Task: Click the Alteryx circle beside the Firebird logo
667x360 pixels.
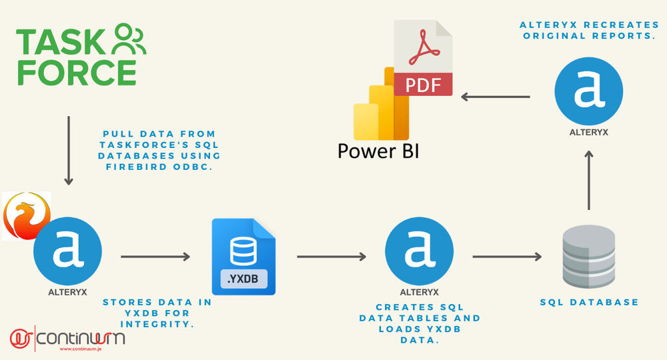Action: [67, 251]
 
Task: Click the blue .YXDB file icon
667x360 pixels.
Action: [243, 256]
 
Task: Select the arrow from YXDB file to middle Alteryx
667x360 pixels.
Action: [331, 256]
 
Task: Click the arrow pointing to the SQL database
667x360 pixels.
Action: [507, 256]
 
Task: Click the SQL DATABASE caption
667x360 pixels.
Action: [589, 302]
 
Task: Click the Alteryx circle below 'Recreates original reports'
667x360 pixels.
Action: [589, 91]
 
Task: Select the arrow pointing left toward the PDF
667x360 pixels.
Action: [496, 97]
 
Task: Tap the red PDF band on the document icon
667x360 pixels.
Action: [423, 84]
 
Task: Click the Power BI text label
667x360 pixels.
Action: [378, 151]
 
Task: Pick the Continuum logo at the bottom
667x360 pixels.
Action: [67, 338]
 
